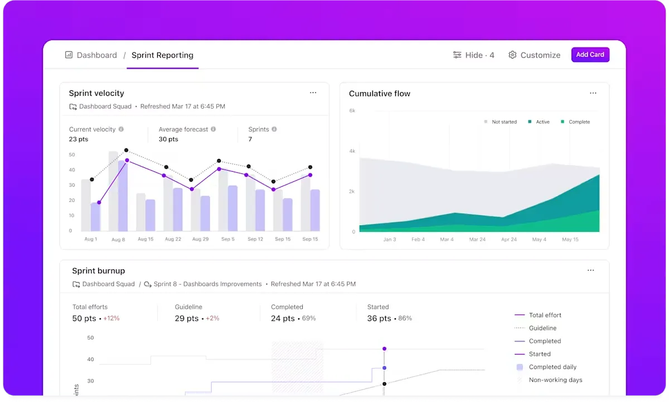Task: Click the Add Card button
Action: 590,55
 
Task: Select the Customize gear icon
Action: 512,55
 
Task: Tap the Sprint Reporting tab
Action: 162,55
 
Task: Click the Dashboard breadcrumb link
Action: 97,55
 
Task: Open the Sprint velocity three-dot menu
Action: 313,93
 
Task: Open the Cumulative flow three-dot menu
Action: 593,93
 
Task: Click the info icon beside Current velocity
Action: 121,129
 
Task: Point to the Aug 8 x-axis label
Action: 118,240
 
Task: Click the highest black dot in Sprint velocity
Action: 127,150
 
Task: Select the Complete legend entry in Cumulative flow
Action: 575,122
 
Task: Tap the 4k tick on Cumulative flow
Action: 352,151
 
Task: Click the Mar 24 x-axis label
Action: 477,239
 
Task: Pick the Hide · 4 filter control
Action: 474,55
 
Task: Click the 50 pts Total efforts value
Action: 84,318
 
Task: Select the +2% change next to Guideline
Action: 212,318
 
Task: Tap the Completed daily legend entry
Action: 546,367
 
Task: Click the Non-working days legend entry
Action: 550,380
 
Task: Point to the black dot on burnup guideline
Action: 384,384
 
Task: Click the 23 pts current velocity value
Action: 79,139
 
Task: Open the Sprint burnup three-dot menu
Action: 591,270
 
